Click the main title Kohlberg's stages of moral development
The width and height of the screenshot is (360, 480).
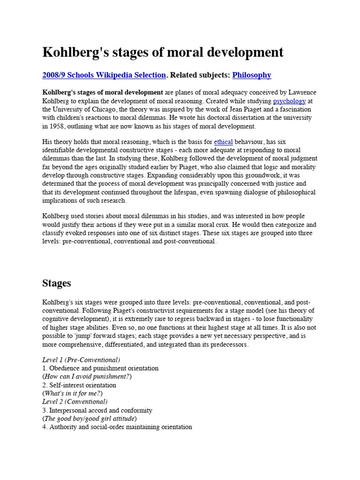point(163,52)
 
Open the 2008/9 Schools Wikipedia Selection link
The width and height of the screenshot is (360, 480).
point(104,75)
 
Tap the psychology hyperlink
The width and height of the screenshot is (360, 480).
point(289,101)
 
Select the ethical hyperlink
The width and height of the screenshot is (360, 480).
point(223,141)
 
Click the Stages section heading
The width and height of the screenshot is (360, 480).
point(57,283)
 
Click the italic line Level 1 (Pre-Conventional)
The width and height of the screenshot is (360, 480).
point(81,360)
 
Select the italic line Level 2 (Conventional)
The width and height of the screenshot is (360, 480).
point(75,402)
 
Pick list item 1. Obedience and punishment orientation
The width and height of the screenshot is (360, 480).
point(100,368)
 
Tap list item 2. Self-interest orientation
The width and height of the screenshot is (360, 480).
point(79,385)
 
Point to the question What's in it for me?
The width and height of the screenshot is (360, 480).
point(73,393)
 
